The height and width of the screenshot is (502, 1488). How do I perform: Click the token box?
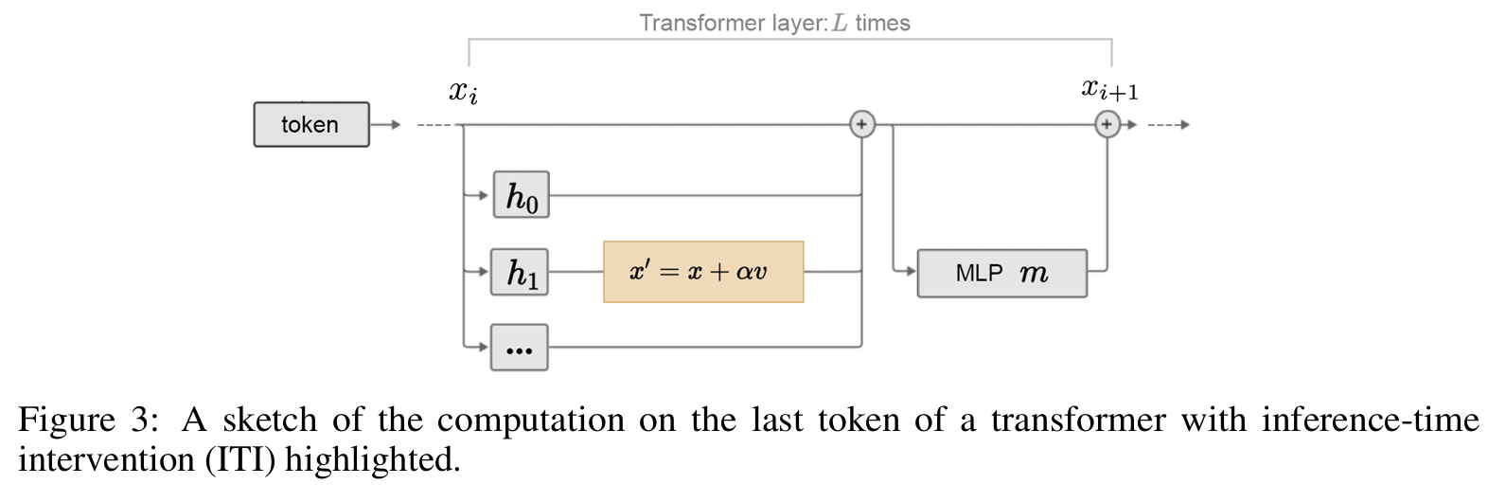tap(310, 124)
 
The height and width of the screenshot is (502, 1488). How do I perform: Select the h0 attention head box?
tap(521, 195)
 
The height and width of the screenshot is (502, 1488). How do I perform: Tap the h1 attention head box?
tap(520, 272)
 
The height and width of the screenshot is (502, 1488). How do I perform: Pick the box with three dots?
tap(519, 348)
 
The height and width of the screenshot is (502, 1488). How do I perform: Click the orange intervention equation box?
tap(703, 272)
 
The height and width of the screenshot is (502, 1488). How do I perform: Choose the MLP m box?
tap(1001, 274)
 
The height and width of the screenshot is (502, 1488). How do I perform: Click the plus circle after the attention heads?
tap(861, 124)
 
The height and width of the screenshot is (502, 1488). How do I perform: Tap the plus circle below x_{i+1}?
tap(1107, 124)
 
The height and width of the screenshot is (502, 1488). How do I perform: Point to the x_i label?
tap(463, 92)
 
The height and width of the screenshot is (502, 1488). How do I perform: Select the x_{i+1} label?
tap(1109, 90)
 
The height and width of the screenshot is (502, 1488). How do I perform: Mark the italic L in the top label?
tap(840, 23)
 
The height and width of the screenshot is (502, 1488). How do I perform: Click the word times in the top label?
tap(882, 23)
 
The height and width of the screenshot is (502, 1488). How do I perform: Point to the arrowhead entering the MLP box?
tap(911, 272)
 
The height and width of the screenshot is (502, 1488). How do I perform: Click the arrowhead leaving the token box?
tap(396, 124)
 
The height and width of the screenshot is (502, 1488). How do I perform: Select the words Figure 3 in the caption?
tap(87, 420)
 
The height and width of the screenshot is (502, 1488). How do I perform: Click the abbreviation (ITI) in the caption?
tap(242, 460)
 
